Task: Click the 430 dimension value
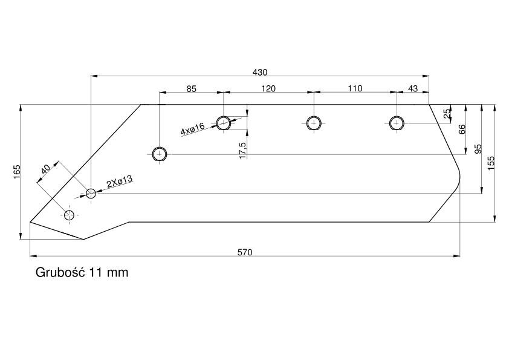[x=260, y=72]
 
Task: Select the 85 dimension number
[x=191, y=89]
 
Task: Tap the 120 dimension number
[x=268, y=89]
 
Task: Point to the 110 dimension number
[x=355, y=89]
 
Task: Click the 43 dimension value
[x=413, y=89]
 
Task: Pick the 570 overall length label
[x=244, y=252]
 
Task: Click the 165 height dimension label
[x=17, y=172]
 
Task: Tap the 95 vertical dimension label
[x=478, y=149]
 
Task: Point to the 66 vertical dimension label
[x=462, y=129]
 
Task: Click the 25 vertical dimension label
[x=447, y=114]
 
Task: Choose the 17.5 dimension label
[x=242, y=150]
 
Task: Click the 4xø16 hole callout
[x=193, y=128]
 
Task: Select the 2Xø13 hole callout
[x=119, y=181]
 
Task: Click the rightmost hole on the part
[x=397, y=123]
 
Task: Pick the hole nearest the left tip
[x=70, y=215]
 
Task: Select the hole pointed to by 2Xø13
[x=91, y=194]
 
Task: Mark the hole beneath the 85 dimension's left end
[x=160, y=154]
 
